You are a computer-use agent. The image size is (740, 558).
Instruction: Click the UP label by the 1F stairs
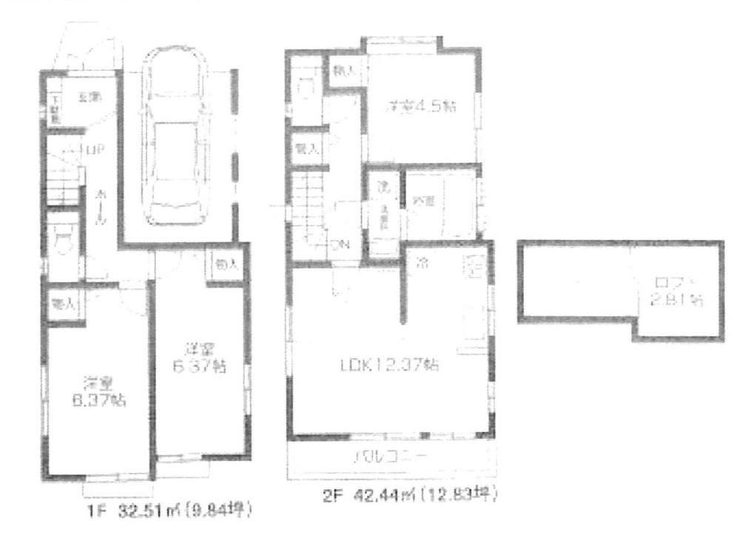[x=94, y=150]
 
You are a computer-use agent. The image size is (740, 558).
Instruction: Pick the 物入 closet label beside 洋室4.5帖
[x=343, y=72]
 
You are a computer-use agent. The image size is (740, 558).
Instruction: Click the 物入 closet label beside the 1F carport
[x=226, y=265]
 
